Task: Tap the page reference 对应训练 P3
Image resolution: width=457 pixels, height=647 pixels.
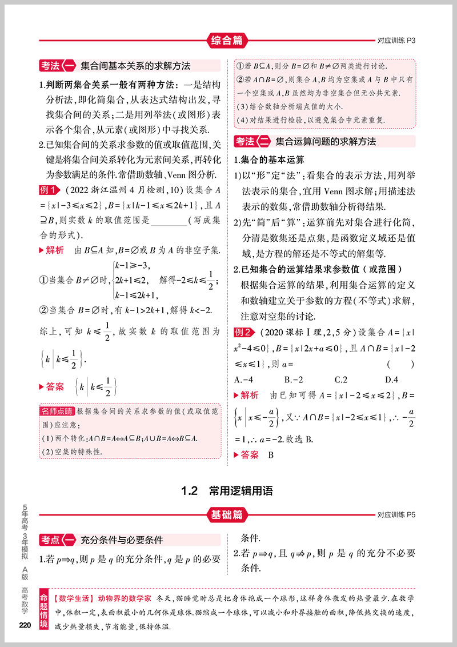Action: point(399,41)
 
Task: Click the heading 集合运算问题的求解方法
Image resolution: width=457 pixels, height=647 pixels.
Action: point(326,142)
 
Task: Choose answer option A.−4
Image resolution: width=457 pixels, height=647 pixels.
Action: point(247,379)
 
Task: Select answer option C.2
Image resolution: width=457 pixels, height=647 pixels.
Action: point(341,379)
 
